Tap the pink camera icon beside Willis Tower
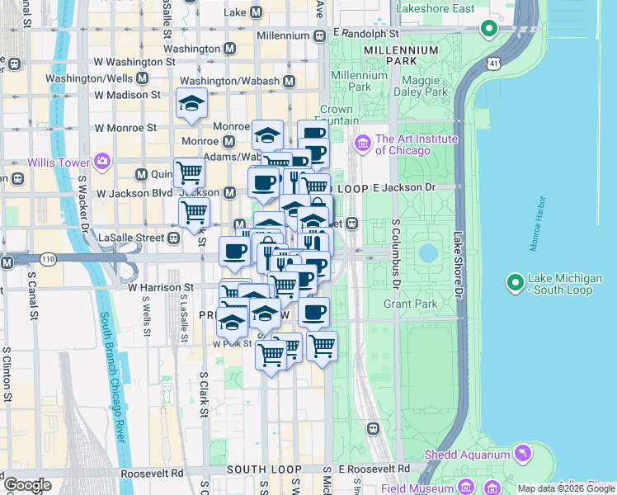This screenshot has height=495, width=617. point(102,160)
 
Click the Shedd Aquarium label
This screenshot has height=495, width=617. point(467,455)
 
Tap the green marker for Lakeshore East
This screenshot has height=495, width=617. point(488,30)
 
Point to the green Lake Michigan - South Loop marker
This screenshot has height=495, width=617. point(516,284)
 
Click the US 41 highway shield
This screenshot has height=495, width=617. point(492,62)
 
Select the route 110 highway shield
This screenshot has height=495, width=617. point(49,259)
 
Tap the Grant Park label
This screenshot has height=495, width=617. point(410,304)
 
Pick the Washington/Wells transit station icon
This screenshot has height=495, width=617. point(143,78)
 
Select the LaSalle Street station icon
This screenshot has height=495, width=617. point(173,238)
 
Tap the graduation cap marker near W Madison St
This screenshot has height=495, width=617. point(191,103)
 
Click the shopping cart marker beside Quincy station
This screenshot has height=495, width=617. point(189,173)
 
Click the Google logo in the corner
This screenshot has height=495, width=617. point(27,485)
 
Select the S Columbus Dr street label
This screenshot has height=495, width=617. point(395,255)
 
